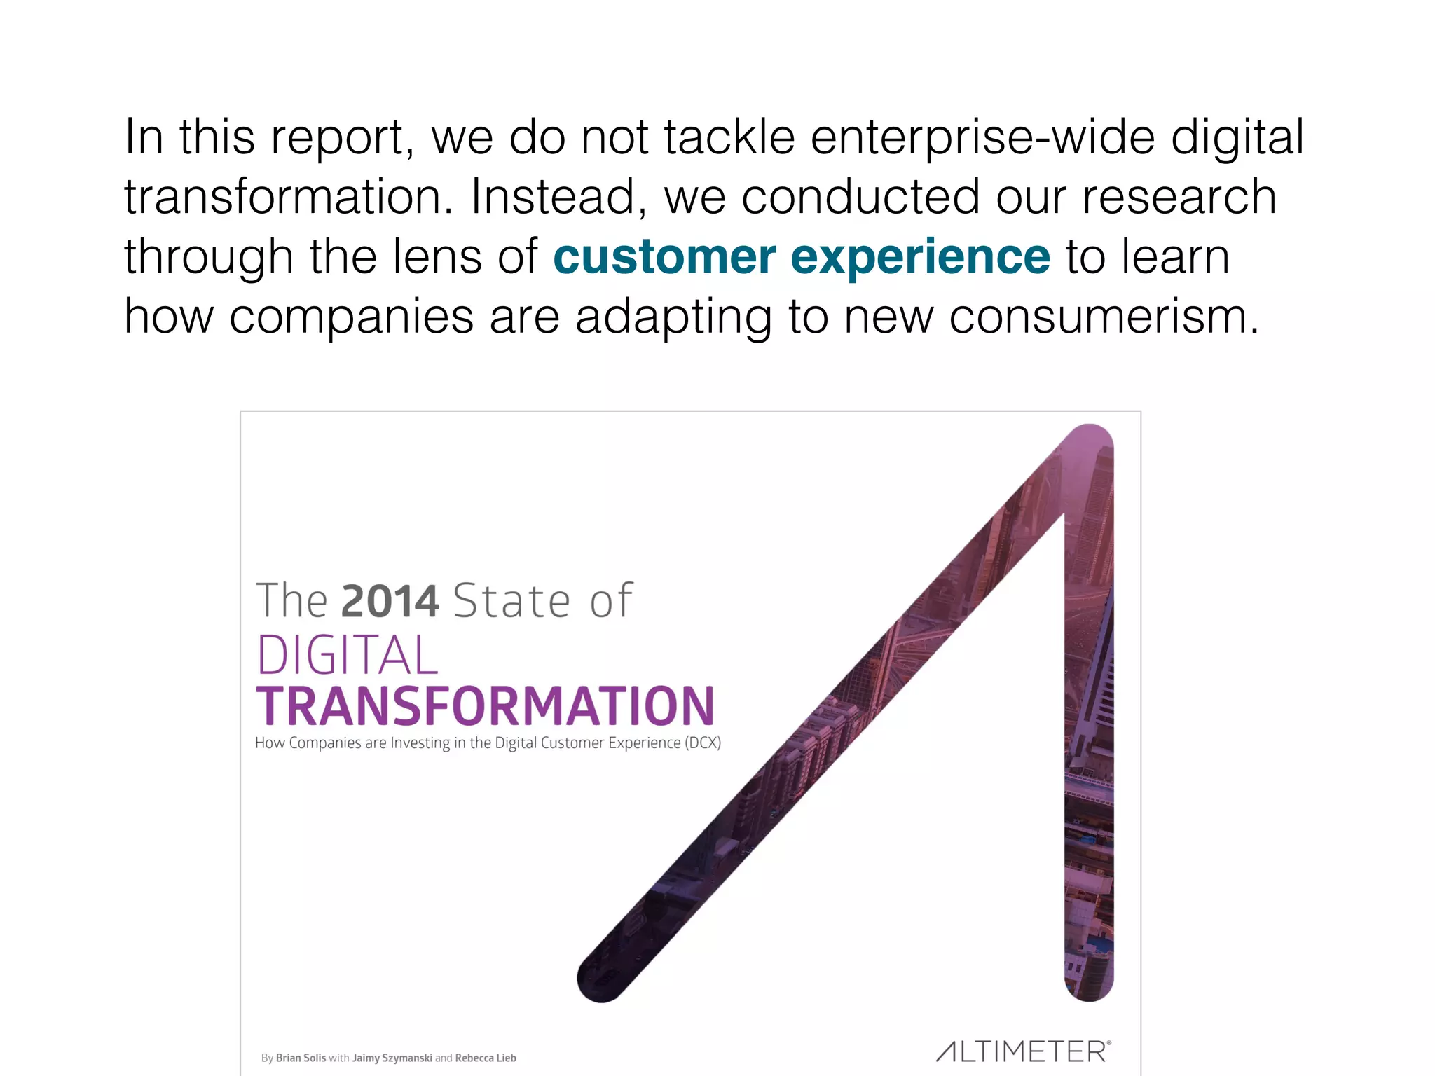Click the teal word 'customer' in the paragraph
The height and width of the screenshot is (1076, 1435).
click(664, 257)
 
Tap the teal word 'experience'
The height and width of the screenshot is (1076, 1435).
click(920, 257)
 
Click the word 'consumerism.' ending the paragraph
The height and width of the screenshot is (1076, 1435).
click(1104, 317)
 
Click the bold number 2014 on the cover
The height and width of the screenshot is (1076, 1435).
click(390, 601)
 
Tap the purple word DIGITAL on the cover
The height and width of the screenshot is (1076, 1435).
click(348, 656)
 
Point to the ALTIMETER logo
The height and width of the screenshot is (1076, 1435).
click(1024, 1051)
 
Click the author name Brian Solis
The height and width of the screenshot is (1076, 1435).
click(301, 1058)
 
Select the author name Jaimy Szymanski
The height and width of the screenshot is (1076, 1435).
click(392, 1058)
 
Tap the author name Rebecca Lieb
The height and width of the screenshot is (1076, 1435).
click(485, 1058)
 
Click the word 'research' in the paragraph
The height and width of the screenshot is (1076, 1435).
click(1179, 197)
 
